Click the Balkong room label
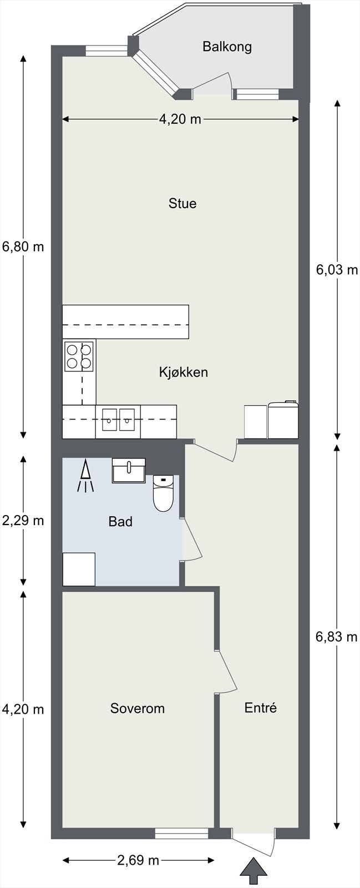click(x=227, y=47)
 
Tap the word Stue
click(x=182, y=203)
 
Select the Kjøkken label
click(x=184, y=372)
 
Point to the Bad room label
click(x=120, y=521)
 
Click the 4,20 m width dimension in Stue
click(x=180, y=119)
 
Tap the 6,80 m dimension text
click(x=23, y=246)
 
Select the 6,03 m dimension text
click(x=337, y=270)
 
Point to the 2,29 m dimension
click(x=23, y=521)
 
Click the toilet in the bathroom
click(x=163, y=493)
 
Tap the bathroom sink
click(x=129, y=471)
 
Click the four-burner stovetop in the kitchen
click(x=79, y=356)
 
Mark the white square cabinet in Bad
click(x=79, y=569)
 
